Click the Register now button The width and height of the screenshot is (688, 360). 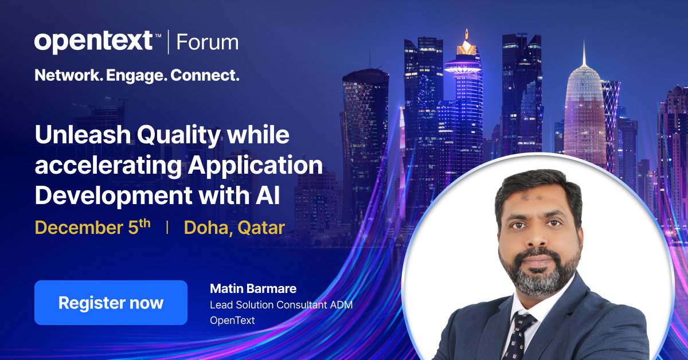click(x=111, y=303)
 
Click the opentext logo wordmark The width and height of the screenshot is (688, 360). click(x=93, y=42)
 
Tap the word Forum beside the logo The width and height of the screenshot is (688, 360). click(x=207, y=42)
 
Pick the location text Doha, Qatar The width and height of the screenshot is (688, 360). click(x=234, y=228)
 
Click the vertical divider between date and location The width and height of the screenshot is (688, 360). click(x=167, y=228)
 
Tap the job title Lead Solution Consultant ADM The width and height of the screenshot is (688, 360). click(x=280, y=304)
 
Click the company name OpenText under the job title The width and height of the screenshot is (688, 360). click(x=232, y=320)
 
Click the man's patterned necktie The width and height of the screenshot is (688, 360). click(x=519, y=335)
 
